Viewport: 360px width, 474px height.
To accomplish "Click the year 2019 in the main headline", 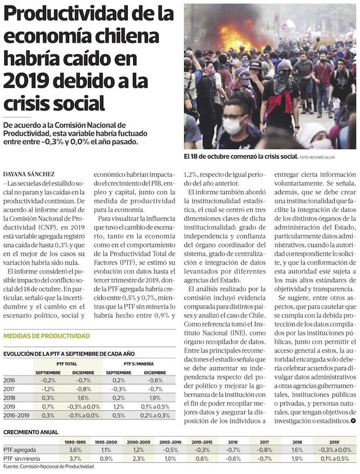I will [x=24, y=80].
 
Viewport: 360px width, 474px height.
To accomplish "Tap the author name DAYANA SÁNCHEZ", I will [x=29, y=174].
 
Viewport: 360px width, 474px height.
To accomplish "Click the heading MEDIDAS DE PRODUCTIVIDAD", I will [x=47, y=336].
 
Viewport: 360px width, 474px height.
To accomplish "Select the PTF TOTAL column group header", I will [x=63, y=363].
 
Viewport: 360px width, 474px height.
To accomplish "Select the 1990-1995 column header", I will [x=75, y=441].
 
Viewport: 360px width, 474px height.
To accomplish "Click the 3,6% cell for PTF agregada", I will [x=75, y=450].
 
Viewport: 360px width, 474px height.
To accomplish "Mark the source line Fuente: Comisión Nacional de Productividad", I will [x=48, y=466].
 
